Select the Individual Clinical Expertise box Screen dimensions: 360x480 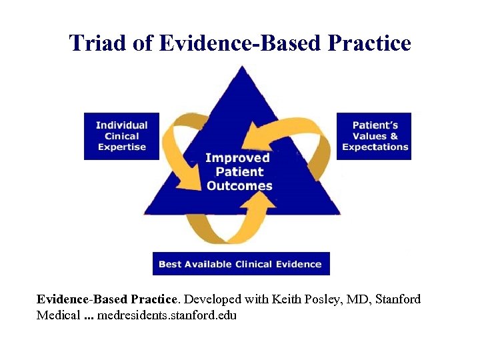click(x=121, y=136)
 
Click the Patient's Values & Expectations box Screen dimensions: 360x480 click(x=375, y=136)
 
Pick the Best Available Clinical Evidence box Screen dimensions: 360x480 click(x=240, y=264)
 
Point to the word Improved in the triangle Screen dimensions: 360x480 click(x=237, y=158)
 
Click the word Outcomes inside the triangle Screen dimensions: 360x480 click(x=239, y=186)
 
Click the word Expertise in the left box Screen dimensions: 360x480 click(x=121, y=147)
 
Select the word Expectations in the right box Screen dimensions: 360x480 click(x=375, y=147)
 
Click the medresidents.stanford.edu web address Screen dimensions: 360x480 click(x=167, y=315)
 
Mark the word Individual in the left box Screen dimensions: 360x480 click(x=121, y=125)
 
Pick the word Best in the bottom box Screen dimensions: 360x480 click(x=169, y=264)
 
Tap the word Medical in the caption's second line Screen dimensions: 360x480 click(x=57, y=315)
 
